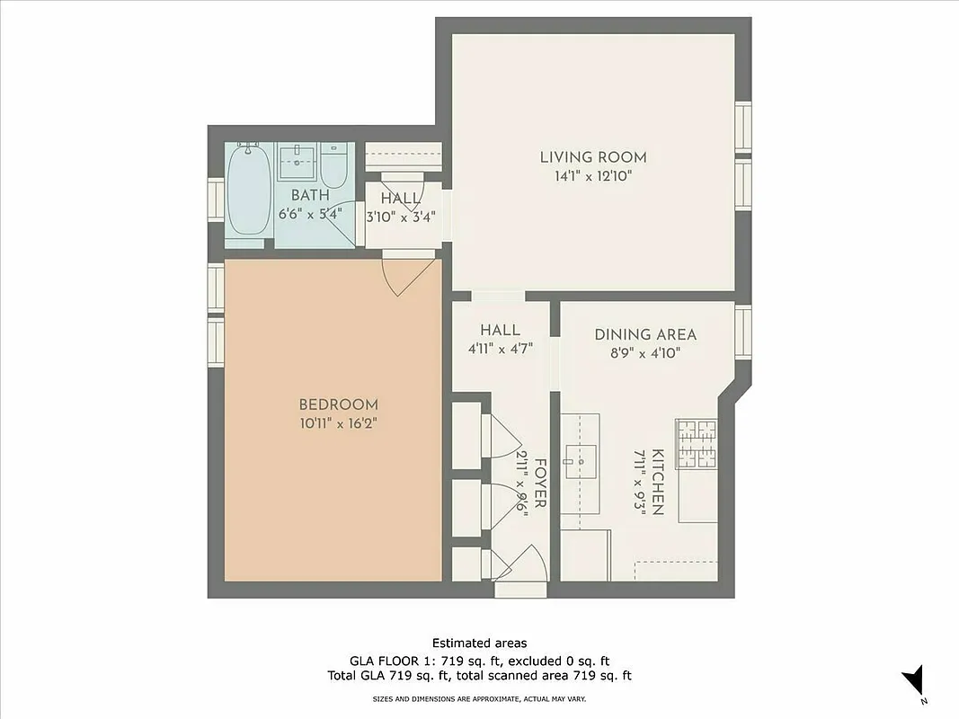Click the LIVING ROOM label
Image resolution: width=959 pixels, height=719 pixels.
point(592,157)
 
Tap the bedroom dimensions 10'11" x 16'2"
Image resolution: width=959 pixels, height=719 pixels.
point(338,423)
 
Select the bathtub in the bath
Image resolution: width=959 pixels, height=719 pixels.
point(248,191)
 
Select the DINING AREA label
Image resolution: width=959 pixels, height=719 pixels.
point(645,335)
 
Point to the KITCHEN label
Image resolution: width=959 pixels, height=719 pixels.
point(658,482)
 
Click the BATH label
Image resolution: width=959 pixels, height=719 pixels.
point(309,195)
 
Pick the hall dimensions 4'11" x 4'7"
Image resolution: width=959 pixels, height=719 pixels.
point(500,349)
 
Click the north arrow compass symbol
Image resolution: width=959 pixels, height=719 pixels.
point(914,680)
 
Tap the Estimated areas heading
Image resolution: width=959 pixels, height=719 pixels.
point(479,643)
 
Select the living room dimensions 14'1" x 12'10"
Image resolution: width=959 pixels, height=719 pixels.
point(592,176)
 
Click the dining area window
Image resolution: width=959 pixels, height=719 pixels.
point(742,333)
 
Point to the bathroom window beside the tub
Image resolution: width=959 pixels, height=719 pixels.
point(216,199)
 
